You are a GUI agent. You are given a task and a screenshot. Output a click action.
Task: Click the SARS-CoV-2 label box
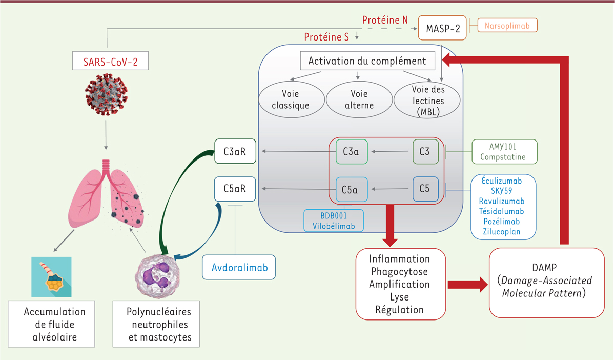pos(107,63)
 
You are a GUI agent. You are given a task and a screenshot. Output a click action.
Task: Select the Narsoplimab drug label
pos(507,25)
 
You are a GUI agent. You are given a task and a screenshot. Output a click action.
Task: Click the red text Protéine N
pos(385,20)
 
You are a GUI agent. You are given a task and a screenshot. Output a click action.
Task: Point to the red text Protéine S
pos(326,37)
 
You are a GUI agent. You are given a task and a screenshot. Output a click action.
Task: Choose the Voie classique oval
pos(291,100)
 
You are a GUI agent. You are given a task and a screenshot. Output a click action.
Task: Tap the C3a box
pos(351,152)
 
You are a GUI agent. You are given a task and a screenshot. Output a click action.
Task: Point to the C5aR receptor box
pos(235,189)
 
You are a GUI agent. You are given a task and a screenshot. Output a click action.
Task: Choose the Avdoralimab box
pos(238,267)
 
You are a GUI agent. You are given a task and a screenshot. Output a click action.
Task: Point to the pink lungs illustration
pos(106,194)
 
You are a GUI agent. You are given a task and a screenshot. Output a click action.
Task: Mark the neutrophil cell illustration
pos(161,272)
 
